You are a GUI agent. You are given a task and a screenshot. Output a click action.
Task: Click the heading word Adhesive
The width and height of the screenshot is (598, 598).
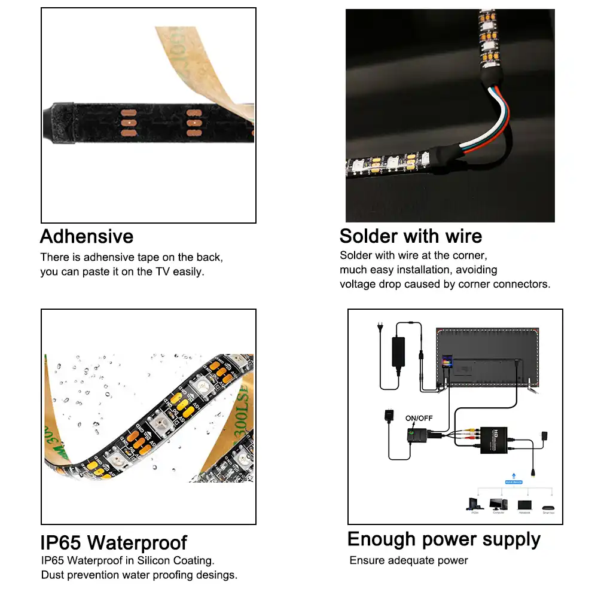tap(87, 236)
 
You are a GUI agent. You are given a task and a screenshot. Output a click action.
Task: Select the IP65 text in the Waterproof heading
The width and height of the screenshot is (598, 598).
tap(61, 543)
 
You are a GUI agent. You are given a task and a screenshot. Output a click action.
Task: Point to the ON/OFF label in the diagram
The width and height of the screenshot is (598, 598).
tap(419, 418)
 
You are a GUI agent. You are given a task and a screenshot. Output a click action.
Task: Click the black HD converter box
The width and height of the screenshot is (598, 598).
tap(498, 440)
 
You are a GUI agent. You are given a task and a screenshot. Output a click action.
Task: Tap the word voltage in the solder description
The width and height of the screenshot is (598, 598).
tap(357, 284)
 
